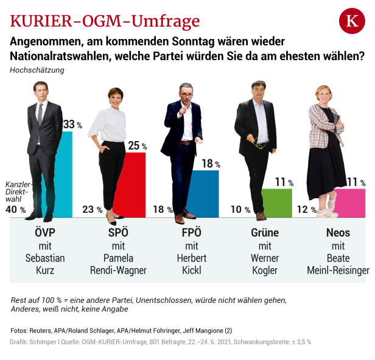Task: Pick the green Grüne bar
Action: click(278, 203)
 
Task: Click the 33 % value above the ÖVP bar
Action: click(72, 125)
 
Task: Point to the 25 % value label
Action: click(137, 146)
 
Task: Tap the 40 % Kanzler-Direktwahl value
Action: click(15, 209)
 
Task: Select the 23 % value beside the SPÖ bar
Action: click(92, 209)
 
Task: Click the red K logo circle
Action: click(351, 21)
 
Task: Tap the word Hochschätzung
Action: click(37, 70)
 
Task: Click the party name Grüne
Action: click(265, 233)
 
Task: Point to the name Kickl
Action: click(192, 271)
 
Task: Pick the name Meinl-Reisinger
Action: click(338, 271)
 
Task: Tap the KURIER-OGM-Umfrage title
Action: click(105, 22)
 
